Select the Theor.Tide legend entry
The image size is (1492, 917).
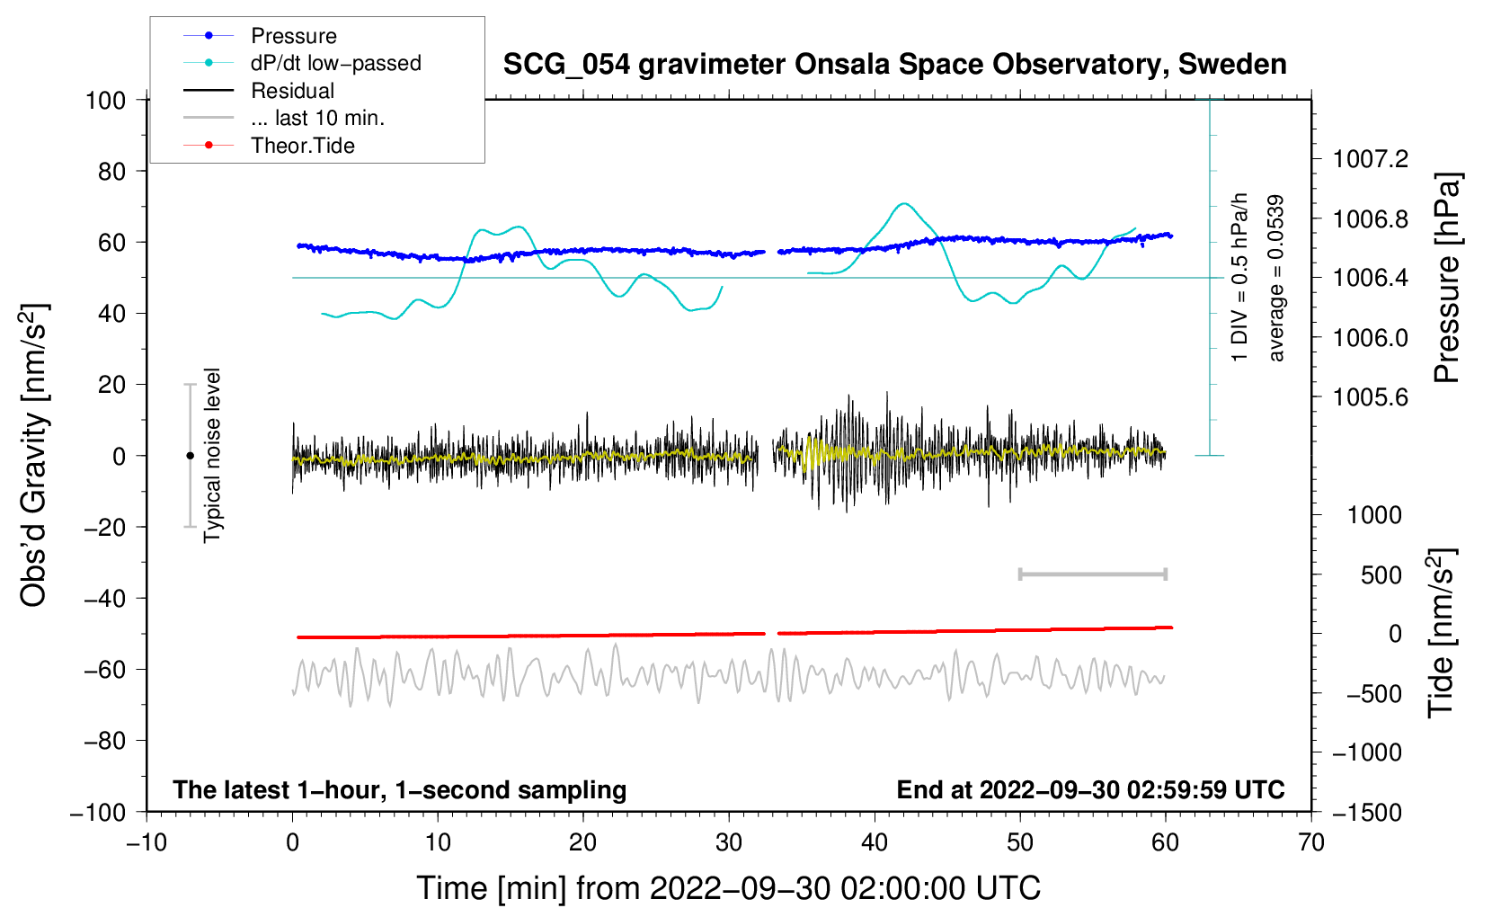[302, 146]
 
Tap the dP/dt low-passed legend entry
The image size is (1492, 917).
[335, 63]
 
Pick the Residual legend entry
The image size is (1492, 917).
[292, 91]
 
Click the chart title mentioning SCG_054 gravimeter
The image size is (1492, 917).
[894, 65]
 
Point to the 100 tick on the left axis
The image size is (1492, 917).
[105, 100]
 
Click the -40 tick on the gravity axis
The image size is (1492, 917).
[104, 598]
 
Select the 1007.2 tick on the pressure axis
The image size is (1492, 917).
[1371, 159]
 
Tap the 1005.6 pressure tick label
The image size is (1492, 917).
[1371, 397]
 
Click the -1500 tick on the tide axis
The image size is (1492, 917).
[1367, 813]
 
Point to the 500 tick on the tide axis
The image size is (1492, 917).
[1381, 574]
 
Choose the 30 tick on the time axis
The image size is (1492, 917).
[729, 842]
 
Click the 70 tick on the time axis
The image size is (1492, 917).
[1311, 842]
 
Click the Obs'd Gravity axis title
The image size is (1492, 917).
[34, 456]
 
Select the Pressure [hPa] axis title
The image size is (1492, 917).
[1446, 278]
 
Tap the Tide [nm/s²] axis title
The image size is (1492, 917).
[1441, 633]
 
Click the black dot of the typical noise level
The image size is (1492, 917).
[190, 456]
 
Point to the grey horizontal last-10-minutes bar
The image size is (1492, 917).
[1093, 574]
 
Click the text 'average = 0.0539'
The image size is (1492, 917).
[1276, 279]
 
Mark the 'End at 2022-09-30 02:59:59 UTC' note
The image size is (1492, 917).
[1090, 789]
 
